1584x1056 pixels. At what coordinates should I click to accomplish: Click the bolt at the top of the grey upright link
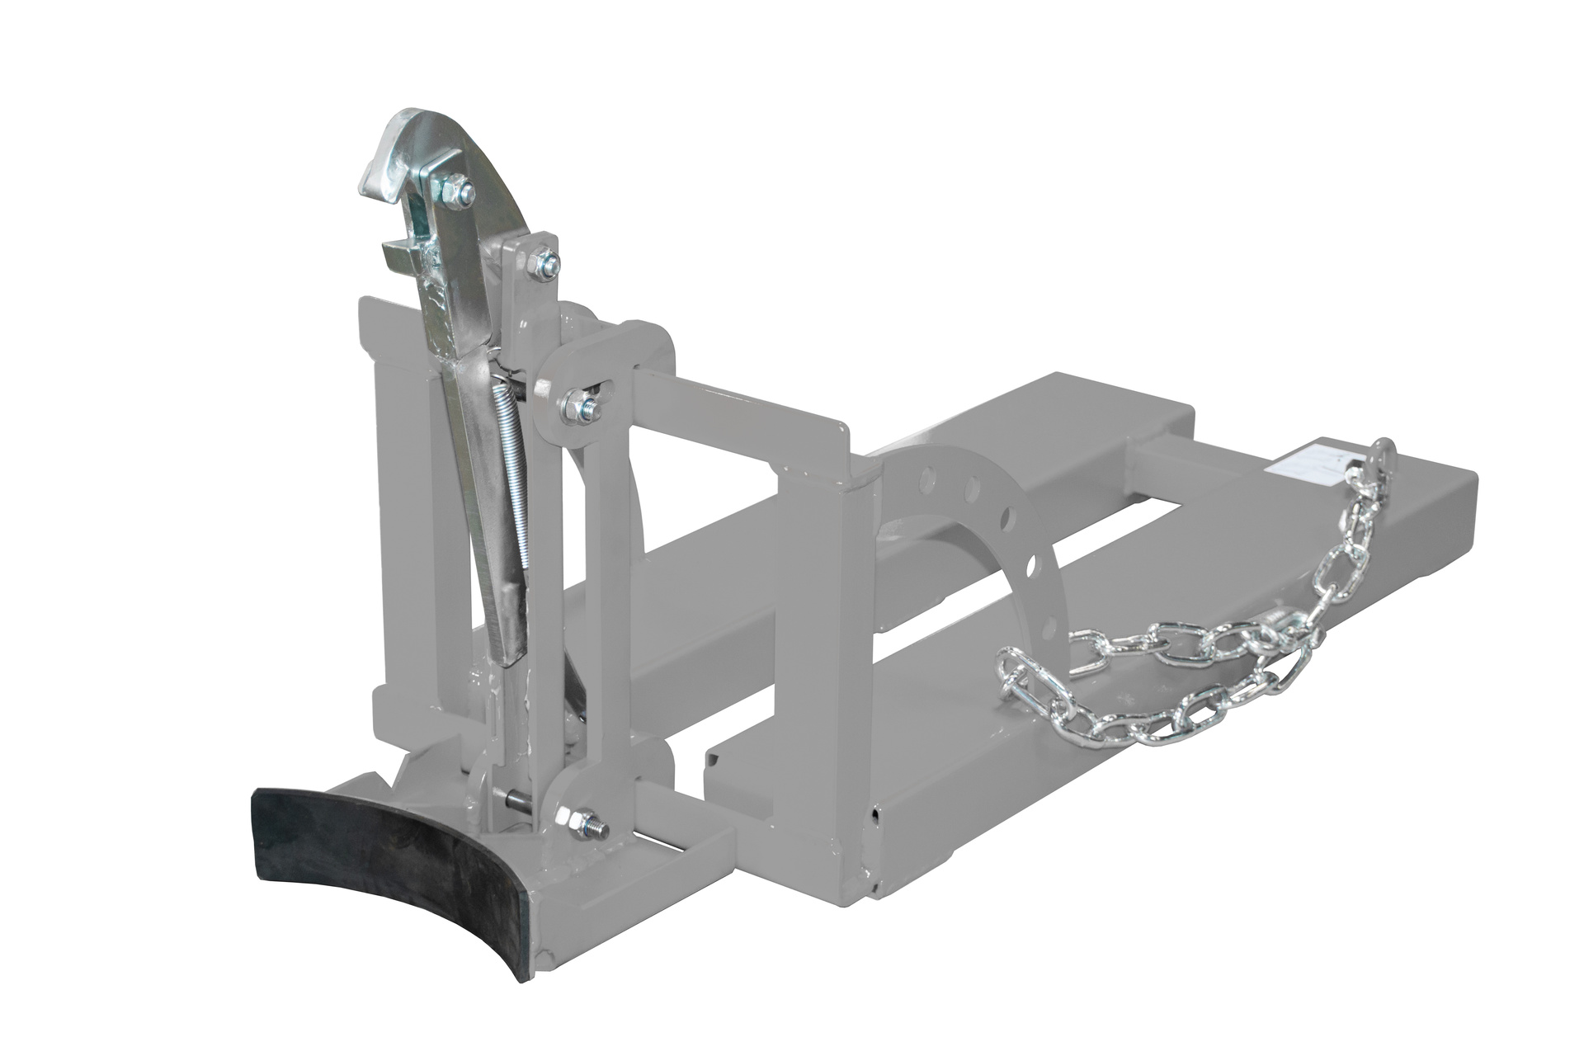pos(544,265)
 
